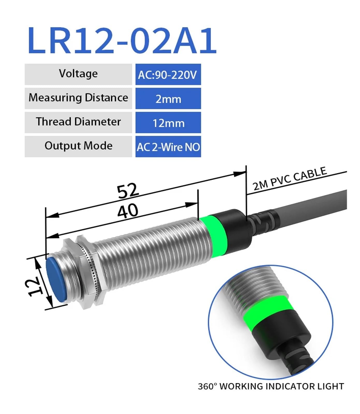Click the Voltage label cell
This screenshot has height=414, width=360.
(78, 74)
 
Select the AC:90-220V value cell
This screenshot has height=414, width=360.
(168, 75)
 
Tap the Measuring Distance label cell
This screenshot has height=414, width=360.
(78, 98)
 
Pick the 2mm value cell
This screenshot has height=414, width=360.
(168, 99)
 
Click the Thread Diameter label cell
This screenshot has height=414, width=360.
(78, 122)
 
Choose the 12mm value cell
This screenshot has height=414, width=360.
(168, 123)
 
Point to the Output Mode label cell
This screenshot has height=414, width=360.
(78, 146)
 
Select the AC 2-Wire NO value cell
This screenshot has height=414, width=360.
(168, 147)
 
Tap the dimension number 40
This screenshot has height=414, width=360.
(127, 211)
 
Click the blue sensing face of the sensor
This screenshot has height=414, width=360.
(55, 279)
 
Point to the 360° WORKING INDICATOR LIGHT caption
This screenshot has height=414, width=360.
(271, 386)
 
